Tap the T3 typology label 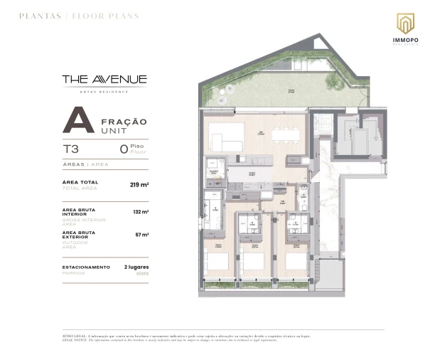72,149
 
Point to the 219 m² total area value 139,184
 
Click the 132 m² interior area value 141,212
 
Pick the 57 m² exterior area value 142,234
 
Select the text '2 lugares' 136,267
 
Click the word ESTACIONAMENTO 86,267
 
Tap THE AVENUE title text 104,80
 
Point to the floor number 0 124,149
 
